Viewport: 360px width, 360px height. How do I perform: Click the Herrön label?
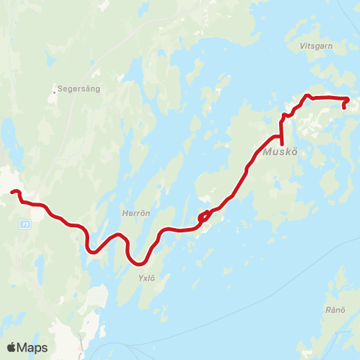pyautogui.click(x=136, y=214)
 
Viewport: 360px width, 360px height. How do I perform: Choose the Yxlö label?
pyautogui.click(x=145, y=277)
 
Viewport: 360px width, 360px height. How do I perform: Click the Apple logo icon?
pyautogui.click(x=12, y=347)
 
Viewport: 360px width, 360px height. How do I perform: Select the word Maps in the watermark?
pyautogui.click(x=34, y=347)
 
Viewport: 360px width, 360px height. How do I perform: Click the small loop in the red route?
pyautogui.click(x=202, y=218)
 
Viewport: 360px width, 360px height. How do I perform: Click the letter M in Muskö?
pyautogui.click(x=268, y=154)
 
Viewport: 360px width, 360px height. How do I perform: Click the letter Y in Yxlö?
pyautogui.click(x=139, y=277)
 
